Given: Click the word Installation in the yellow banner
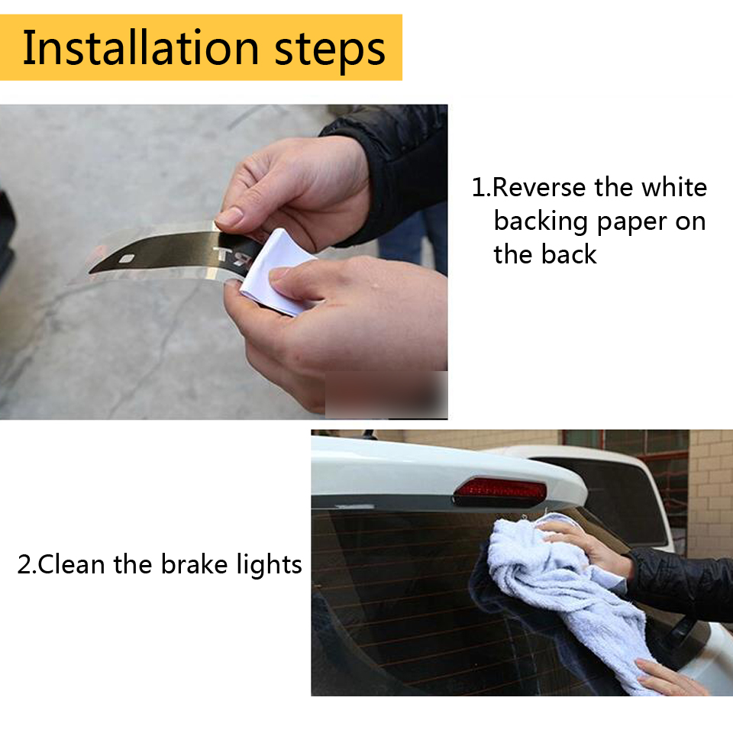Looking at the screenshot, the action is point(140,47).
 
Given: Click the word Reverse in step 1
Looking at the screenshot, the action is point(539,188).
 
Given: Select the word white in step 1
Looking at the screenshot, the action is point(673,187).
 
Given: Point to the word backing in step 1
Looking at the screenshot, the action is point(541,222).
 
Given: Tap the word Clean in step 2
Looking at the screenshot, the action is point(71,564).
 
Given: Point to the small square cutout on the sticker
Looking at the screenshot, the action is point(126,259).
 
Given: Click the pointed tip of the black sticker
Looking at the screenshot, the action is point(89,273).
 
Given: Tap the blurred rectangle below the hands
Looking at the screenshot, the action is point(386,395).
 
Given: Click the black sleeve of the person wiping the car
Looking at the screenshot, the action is point(680,584).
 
